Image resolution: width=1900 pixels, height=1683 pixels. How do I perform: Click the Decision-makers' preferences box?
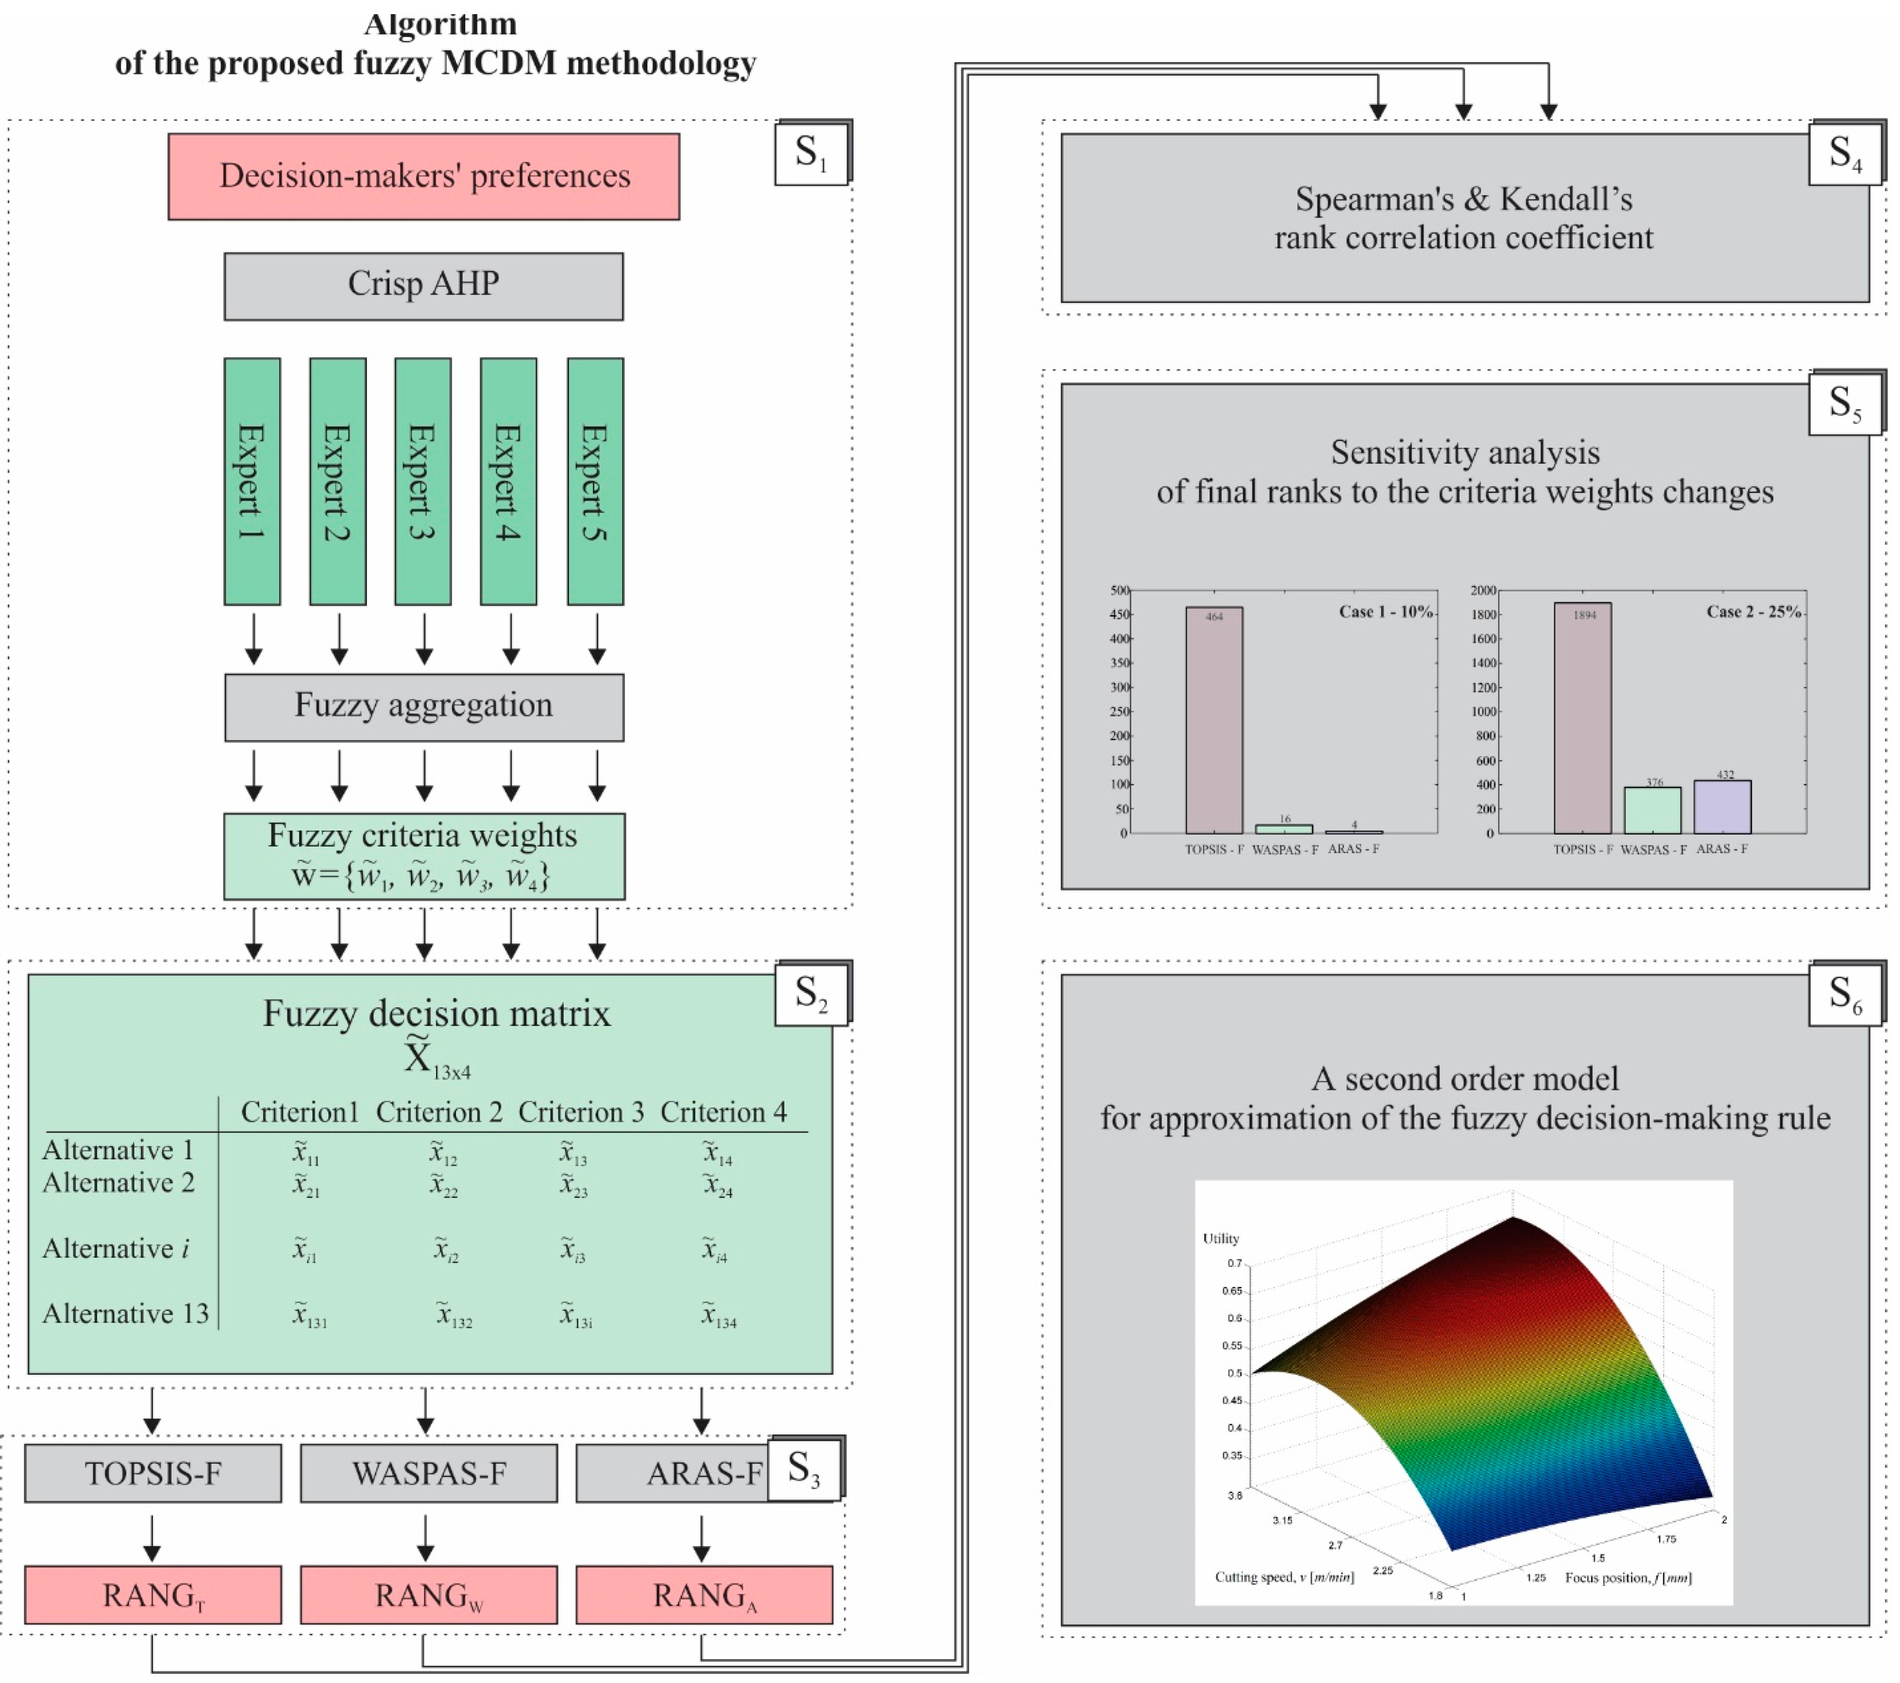424,176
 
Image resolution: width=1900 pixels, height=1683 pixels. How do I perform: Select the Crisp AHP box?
424,286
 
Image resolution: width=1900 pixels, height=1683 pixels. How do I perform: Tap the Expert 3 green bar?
423,481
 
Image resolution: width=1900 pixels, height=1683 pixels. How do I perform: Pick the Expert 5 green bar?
595,481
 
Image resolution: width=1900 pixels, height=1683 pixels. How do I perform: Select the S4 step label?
1845,153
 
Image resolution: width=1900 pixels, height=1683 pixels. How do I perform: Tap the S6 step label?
1845,994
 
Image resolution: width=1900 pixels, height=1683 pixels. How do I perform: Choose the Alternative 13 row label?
126,1313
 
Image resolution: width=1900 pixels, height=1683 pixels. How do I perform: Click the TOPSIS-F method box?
152,1473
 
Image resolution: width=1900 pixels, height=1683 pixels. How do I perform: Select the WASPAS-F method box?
429,1473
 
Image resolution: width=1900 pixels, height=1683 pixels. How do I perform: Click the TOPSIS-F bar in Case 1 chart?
1214,720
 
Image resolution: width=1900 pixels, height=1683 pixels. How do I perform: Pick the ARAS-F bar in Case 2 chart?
1723,807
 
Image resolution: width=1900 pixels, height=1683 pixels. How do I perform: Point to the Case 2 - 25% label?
1753,611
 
